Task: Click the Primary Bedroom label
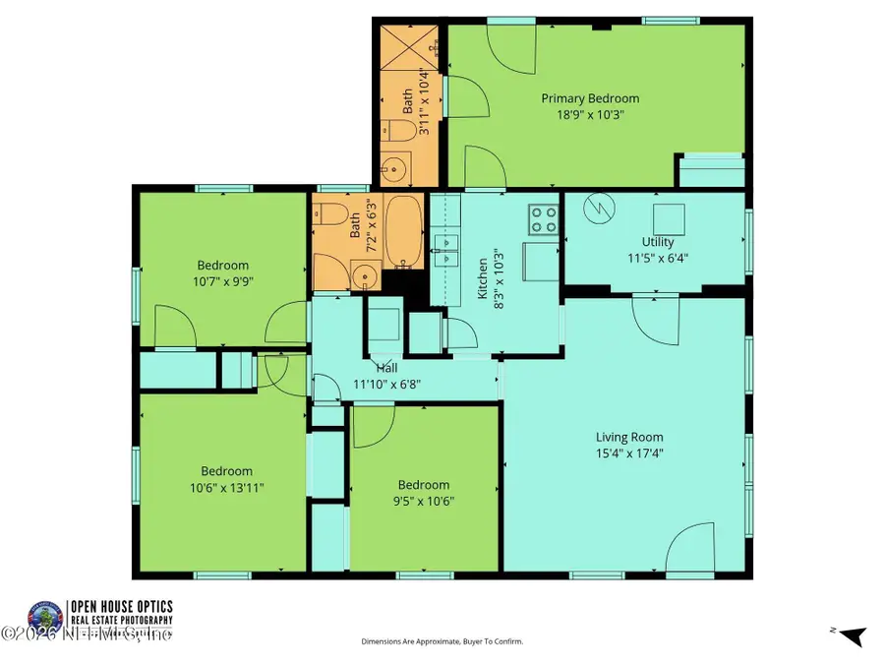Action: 590,98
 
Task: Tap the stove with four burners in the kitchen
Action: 544,217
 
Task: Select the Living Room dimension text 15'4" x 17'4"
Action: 629,453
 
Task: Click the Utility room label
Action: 657,242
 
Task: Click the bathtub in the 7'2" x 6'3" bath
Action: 403,231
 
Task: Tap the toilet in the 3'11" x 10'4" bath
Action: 393,132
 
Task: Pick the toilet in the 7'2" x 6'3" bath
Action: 331,213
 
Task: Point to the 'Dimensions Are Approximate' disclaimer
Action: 442,641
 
